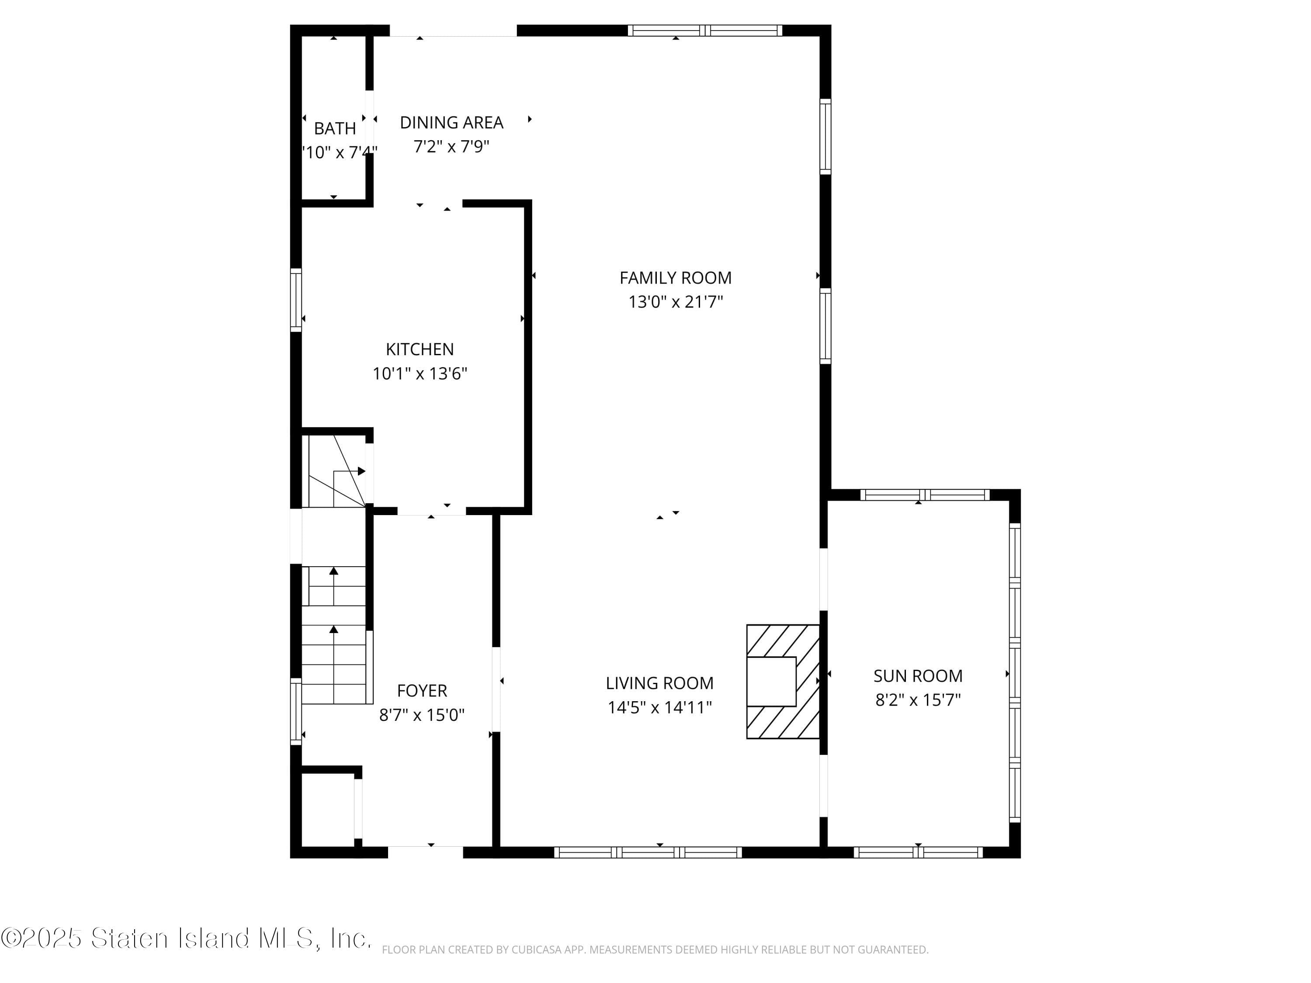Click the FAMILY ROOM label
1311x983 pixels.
(675, 278)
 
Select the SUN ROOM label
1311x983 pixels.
(917, 676)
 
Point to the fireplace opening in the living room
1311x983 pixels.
(770, 682)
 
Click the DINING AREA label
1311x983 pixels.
(451, 123)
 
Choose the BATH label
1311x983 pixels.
(335, 128)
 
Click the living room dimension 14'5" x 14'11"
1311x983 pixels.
(659, 707)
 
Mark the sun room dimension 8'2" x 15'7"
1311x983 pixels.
(917, 700)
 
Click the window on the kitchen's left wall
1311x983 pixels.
(296, 300)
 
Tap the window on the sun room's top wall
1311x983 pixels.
(925, 495)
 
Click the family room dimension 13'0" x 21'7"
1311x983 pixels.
(675, 302)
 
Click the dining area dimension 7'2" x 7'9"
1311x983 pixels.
(451, 146)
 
